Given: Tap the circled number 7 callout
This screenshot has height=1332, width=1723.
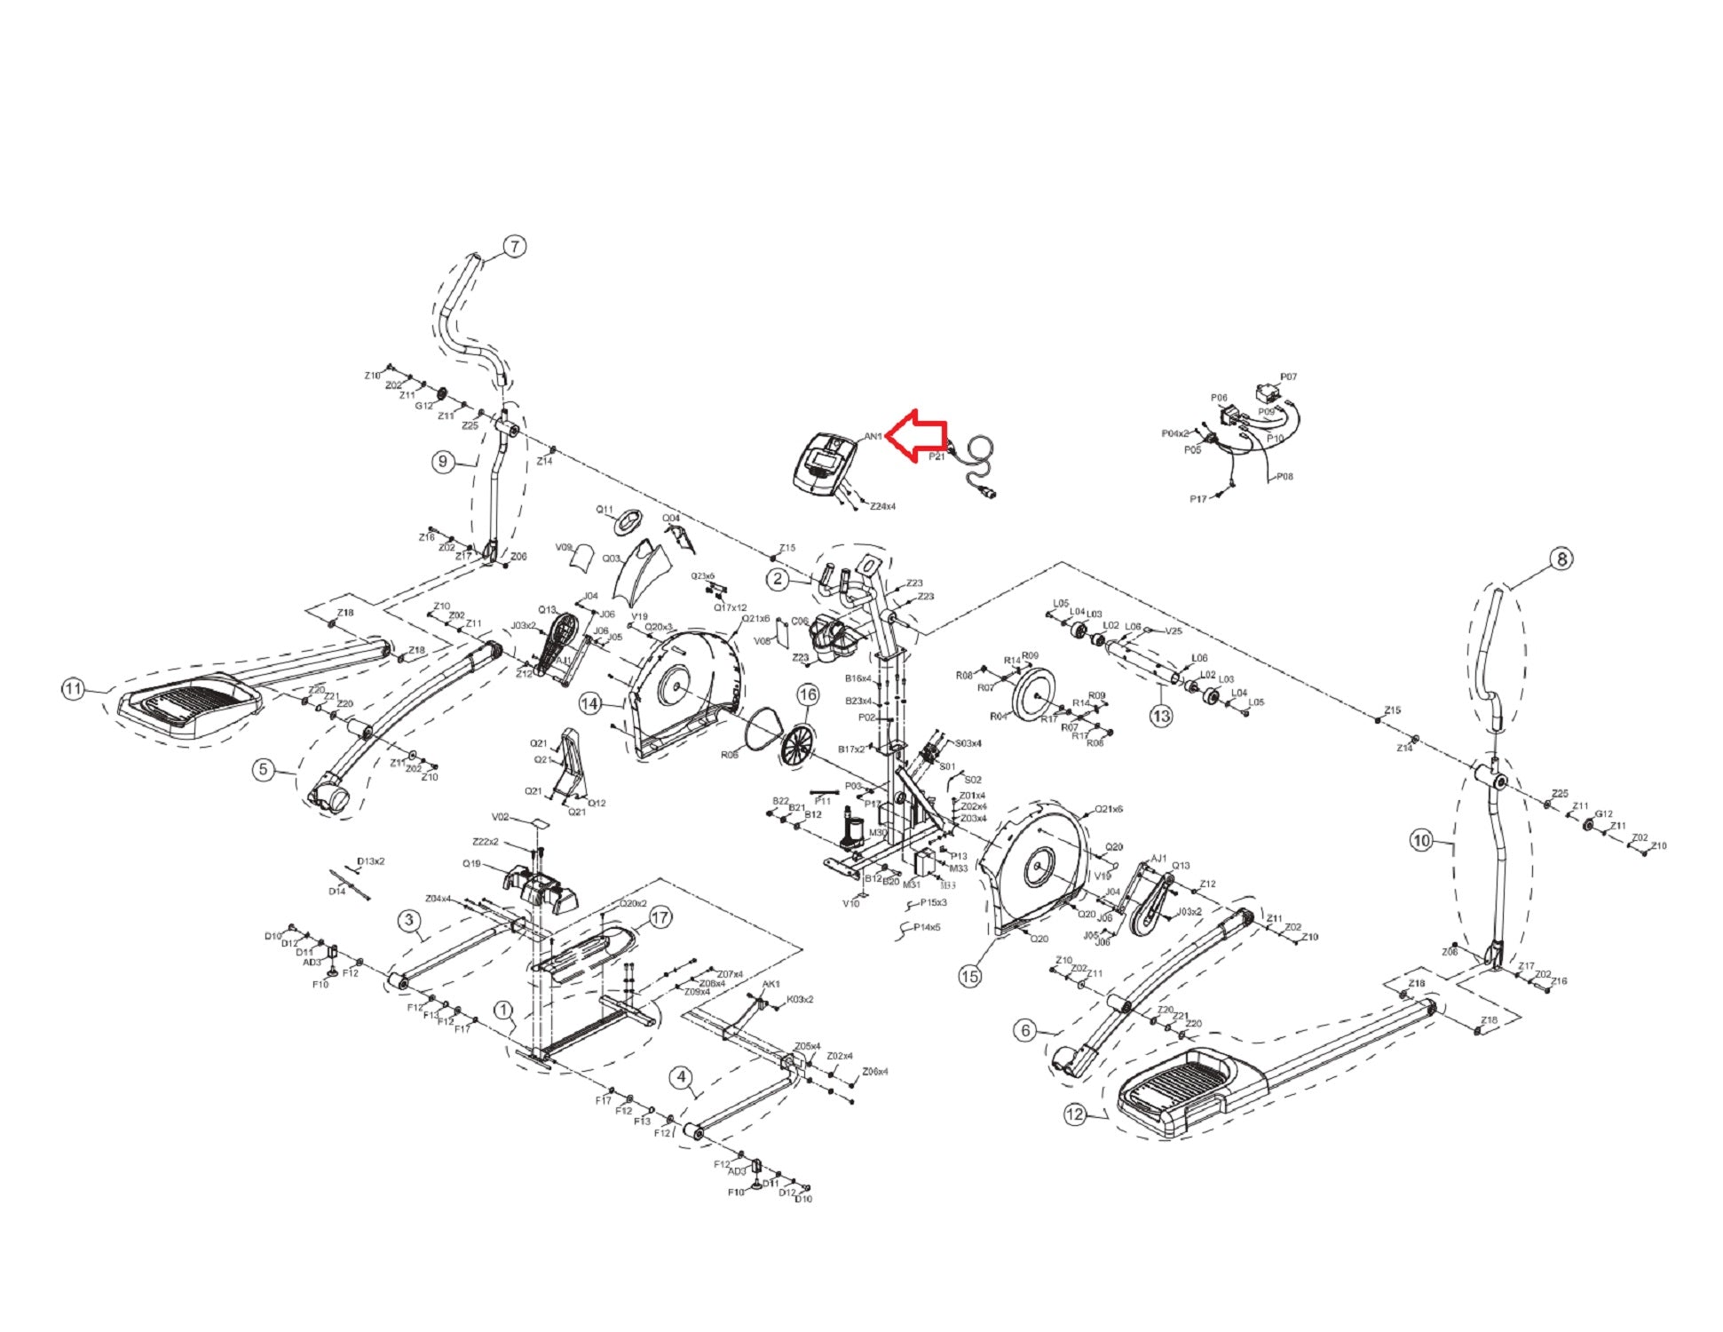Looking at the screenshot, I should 515,247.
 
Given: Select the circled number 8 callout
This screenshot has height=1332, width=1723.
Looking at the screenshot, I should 1561,559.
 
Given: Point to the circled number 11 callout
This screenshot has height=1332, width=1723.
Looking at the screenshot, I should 74,688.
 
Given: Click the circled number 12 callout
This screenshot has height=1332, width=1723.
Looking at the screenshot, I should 1075,1114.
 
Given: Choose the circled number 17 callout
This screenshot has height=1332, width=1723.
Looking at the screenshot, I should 660,918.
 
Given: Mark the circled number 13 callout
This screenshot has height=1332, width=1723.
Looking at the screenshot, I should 1161,716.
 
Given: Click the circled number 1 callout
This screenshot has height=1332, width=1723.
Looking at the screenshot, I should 503,1011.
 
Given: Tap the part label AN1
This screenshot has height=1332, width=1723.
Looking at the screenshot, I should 873,436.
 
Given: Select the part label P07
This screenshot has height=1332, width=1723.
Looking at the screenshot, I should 1288,377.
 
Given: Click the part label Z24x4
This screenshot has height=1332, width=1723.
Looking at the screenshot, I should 882,506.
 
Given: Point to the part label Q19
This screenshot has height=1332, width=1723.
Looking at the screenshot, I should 471,863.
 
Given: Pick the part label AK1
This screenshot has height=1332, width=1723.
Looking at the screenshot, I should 771,984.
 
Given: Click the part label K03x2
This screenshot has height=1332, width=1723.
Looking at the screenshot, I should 800,999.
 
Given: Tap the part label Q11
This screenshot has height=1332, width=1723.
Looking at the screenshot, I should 605,510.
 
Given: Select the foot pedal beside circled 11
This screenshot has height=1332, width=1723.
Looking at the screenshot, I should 188,704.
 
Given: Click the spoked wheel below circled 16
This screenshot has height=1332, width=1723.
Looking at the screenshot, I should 798,744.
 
